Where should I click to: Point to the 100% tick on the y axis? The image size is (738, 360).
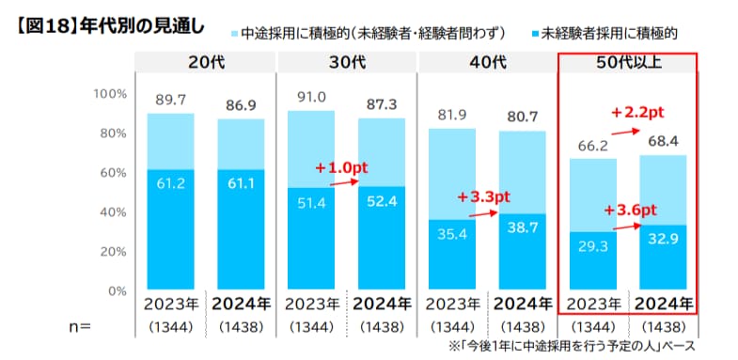(110, 93)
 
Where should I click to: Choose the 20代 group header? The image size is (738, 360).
(204, 63)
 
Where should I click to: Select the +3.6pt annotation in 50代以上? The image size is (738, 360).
(630, 209)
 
